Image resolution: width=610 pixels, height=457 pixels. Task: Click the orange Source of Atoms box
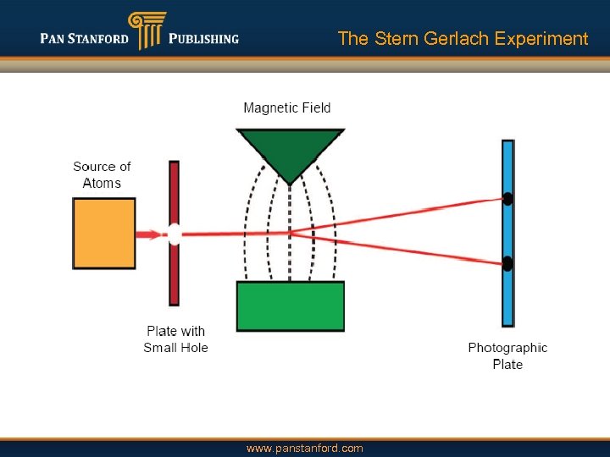point(104,234)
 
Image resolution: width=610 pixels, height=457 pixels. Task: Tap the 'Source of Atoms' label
point(102,175)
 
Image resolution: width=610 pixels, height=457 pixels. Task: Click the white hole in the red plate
point(174,234)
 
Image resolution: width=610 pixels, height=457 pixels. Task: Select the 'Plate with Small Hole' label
point(175,339)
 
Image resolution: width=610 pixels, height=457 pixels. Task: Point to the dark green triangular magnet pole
point(291,149)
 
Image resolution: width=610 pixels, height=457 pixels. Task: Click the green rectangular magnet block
point(291,306)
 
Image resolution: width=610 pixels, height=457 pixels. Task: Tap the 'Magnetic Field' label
point(287,107)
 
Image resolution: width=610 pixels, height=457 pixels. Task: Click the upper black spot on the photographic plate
point(507,200)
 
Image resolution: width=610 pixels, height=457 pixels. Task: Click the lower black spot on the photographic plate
point(507,264)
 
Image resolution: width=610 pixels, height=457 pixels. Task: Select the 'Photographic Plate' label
point(507,355)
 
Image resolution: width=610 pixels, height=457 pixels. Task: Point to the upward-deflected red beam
point(398,215)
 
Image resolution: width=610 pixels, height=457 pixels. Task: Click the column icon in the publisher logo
point(146,30)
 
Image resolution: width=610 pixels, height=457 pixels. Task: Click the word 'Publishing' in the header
point(203,39)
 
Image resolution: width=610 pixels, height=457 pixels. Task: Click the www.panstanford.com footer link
point(304,448)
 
